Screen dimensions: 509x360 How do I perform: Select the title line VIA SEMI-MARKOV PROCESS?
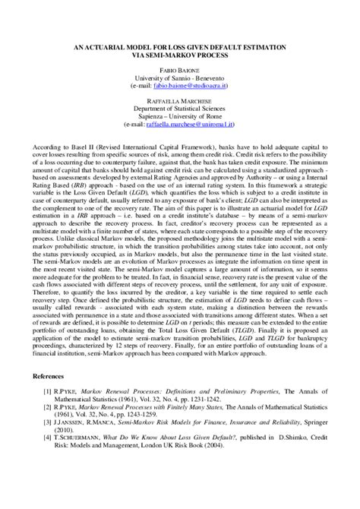(x=180, y=55)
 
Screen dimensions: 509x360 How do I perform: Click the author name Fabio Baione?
(x=180, y=70)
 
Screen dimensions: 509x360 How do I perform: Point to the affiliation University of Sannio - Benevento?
(x=180, y=78)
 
